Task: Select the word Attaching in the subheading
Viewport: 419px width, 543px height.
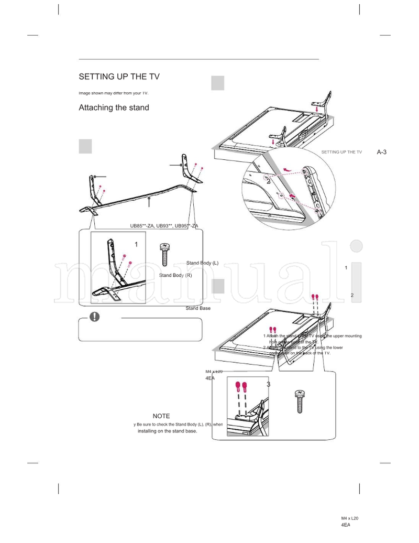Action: tap(96, 107)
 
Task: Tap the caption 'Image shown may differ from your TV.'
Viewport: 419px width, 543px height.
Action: tap(114, 93)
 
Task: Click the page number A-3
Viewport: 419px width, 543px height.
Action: tap(381, 152)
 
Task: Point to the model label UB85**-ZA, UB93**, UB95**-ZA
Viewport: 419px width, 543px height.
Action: tap(164, 226)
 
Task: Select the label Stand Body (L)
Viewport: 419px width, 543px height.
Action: tap(202, 263)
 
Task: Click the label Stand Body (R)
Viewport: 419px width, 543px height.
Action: tap(175, 275)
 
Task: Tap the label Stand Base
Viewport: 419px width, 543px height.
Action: tap(198, 308)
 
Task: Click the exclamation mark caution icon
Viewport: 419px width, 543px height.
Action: tap(94, 317)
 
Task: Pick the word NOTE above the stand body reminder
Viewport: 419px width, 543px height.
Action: tap(161, 416)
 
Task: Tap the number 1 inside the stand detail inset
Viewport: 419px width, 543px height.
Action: tap(136, 244)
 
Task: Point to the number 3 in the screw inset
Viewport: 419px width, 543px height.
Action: tap(269, 384)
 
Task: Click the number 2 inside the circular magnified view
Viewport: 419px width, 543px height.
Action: tap(268, 182)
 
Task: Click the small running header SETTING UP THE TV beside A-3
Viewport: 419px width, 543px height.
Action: tap(341, 152)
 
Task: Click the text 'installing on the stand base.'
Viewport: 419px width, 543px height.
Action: tap(167, 431)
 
